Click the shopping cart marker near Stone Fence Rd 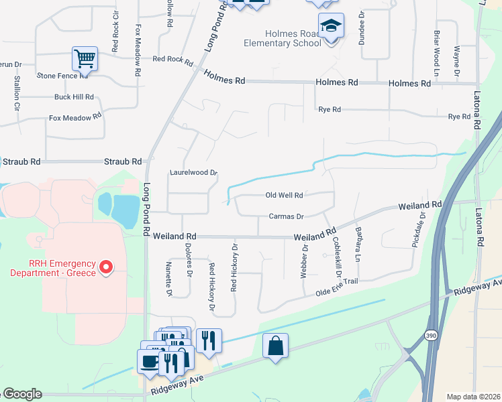pos(85,58)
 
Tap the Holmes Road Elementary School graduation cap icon pos(331,25)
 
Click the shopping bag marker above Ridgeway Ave pos(275,346)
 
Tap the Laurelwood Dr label pos(193,172)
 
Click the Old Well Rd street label pos(285,195)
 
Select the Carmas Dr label pos(287,216)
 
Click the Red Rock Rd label pos(172,59)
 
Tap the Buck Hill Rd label pos(74,96)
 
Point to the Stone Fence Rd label pos(62,76)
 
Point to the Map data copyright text pos(474,397)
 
